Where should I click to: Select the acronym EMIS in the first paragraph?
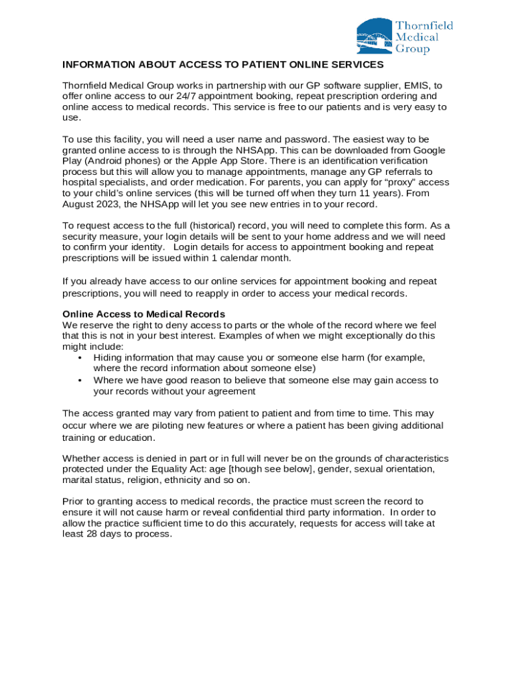click(413, 86)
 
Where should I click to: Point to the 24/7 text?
click(170, 96)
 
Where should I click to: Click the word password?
click(305, 139)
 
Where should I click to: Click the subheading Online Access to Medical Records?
click(143, 314)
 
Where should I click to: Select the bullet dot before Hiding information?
click(80, 358)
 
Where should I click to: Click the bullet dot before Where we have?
click(80, 381)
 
